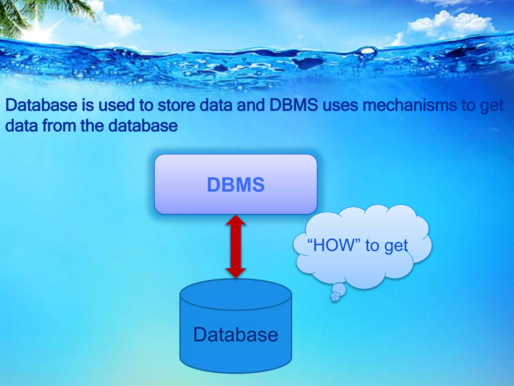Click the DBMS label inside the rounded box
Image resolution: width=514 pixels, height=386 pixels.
(x=236, y=185)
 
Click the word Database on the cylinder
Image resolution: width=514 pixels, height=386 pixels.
(x=236, y=335)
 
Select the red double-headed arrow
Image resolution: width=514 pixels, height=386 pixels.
(x=236, y=246)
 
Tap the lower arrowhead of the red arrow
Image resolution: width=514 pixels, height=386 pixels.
(x=236, y=272)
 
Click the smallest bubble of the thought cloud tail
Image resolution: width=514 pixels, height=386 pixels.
(x=334, y=299)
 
